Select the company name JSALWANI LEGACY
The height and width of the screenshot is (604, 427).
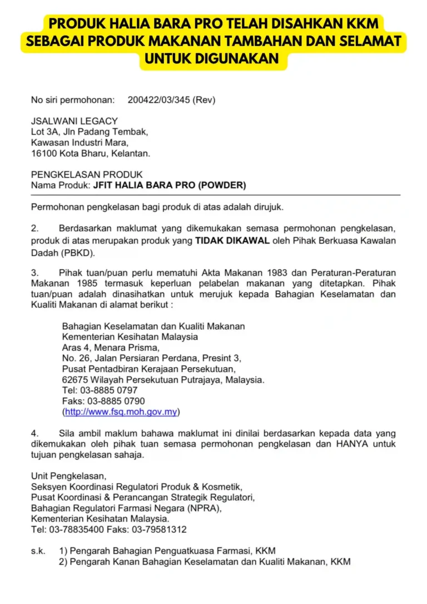pyautogui.click(x=75, y=121)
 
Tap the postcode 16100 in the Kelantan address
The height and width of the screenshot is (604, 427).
pyautogui.click(x=42, y=153)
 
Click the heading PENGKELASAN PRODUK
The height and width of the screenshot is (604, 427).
pyautogui.click(x=87, y=174)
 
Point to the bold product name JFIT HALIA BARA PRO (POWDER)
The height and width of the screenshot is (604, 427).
pyautogui.click(x=169, y=185)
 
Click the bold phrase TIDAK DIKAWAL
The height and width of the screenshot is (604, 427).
pyautogui.click(x=232, y=240)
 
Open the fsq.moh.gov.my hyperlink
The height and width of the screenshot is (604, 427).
pyautogui.click(x=121, y=412)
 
